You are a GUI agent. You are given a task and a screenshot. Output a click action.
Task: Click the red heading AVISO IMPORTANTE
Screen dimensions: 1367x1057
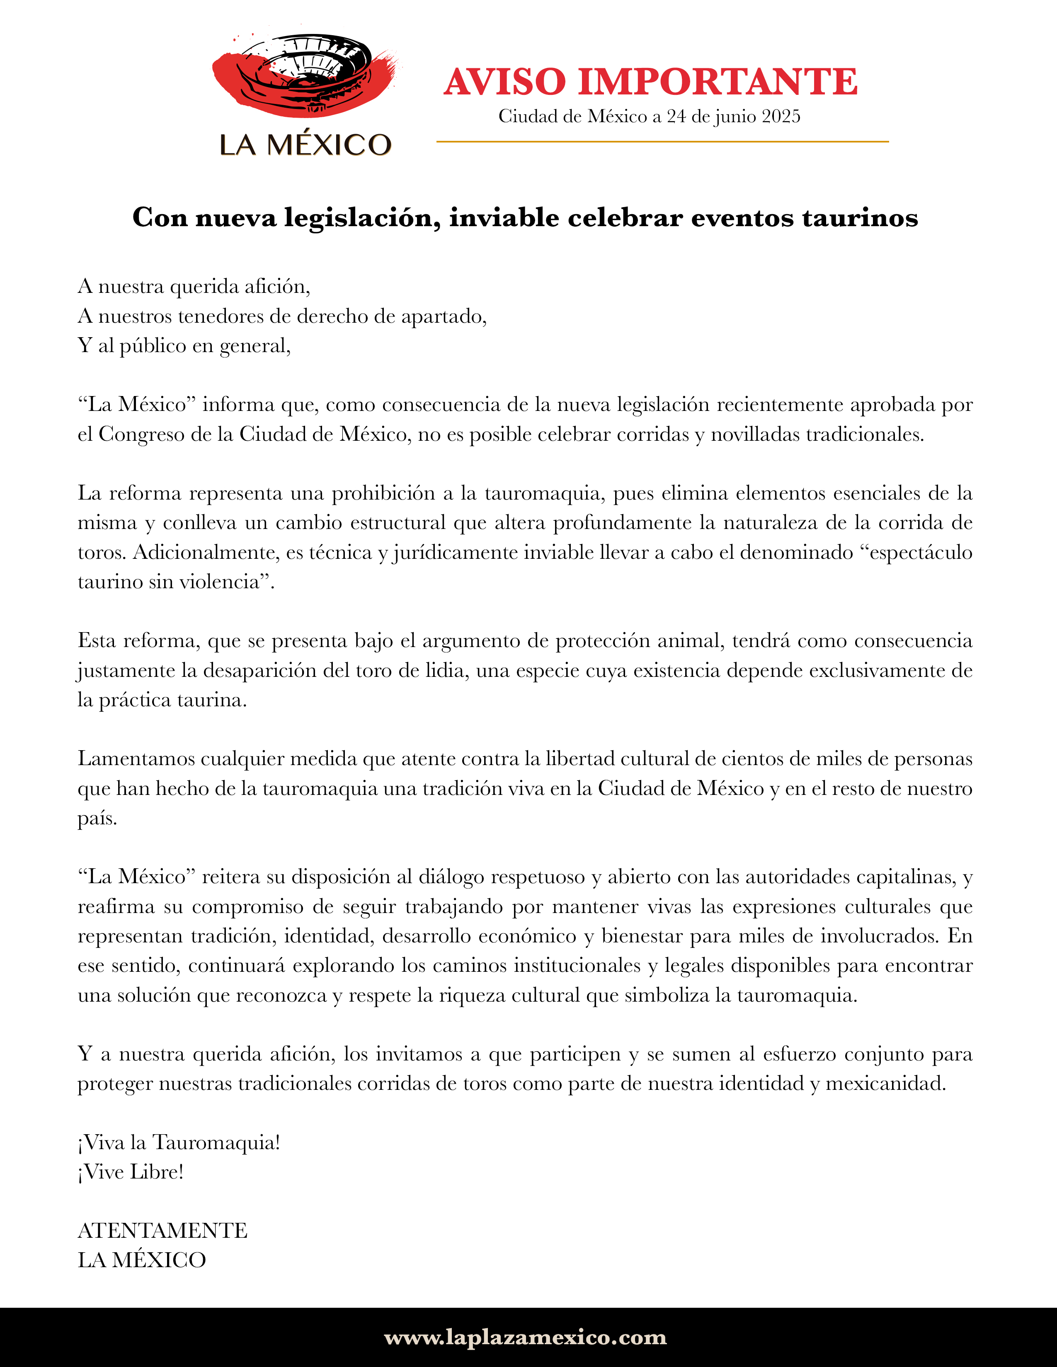(x=650, y=82)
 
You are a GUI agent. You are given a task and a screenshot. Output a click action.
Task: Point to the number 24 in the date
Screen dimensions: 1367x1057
(x=676, y=116)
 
